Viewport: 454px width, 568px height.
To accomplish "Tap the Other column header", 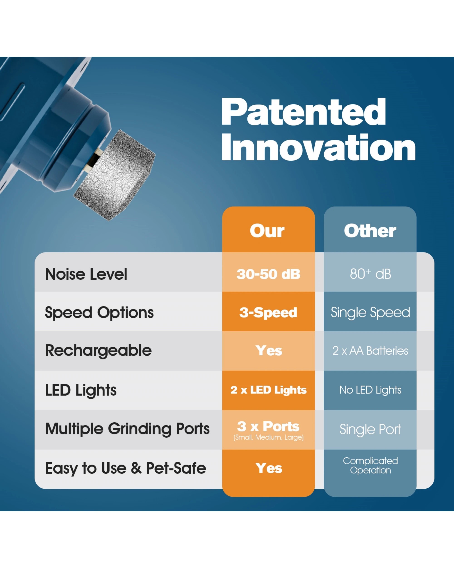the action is click(x=370, y=231).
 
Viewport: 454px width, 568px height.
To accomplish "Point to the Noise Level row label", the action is click(x=86, y=274).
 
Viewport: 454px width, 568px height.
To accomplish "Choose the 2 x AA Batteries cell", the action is click(x=370, y=351).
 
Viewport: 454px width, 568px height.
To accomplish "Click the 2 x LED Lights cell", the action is click(x=269, y=390).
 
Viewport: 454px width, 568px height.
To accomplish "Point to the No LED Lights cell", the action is click(x=370, y=390).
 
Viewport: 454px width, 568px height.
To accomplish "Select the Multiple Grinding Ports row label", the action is click(x=127, y=429).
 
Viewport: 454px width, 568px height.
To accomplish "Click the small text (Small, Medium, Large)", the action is click(x=269, y=438).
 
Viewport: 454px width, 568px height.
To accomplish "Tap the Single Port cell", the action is click(x=370, y=429).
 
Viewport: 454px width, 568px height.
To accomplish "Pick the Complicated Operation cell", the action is click(x=370, y=466).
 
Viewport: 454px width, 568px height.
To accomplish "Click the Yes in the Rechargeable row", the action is click(x=269, y=351).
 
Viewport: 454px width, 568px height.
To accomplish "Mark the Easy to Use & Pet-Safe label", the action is click(x=126, y=468).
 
